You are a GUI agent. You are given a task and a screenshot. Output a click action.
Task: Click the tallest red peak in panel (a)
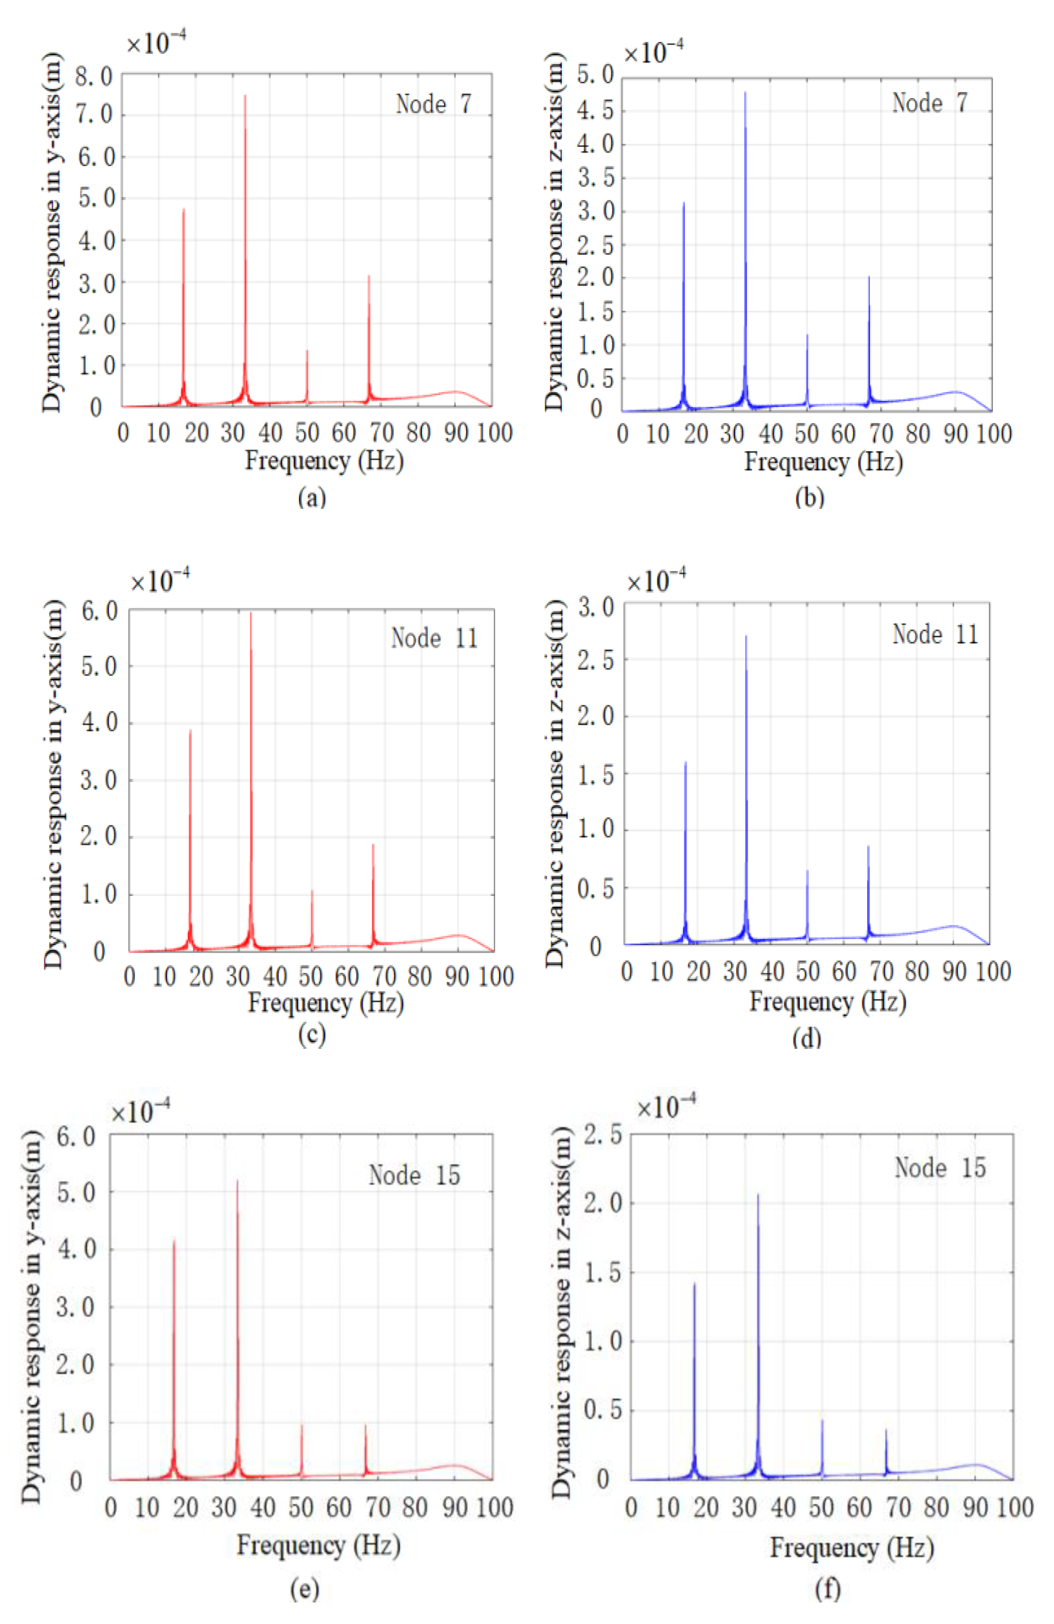(x=245, y=97)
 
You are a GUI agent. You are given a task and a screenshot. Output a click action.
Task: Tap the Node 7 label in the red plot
(x=433, y=104)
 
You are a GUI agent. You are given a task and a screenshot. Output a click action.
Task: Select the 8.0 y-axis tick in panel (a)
(x=93, y=76)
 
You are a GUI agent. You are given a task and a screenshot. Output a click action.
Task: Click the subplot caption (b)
(x=810, y=498)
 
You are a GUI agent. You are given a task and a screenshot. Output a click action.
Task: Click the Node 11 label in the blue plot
(x=934, y=635)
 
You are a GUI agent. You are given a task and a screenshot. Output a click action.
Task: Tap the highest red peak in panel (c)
(x=251, y=614)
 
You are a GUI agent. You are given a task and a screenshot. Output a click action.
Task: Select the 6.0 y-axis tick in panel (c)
(x=99, y=611)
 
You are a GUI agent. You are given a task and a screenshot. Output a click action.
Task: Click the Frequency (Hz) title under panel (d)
(x=827, y=1002)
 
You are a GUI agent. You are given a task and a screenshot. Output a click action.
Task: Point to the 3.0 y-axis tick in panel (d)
(x=596, y=607)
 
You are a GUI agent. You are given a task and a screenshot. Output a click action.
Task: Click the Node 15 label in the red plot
(x=414, y=1175)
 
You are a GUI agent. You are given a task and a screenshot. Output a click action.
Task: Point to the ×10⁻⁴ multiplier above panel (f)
(x=666, y=1107)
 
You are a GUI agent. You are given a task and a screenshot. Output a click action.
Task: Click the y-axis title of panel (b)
(x=556, y=232)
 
